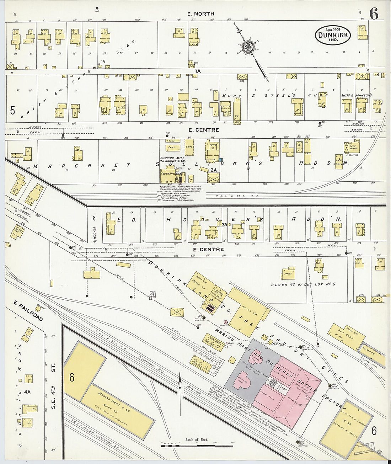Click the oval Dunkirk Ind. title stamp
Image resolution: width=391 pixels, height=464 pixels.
click(333, 35)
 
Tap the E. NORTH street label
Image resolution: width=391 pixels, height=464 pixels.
click(201, 14)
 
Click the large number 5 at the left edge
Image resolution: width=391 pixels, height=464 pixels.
click(13, 111)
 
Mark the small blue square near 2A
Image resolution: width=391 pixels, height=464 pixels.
click(221, 161)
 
